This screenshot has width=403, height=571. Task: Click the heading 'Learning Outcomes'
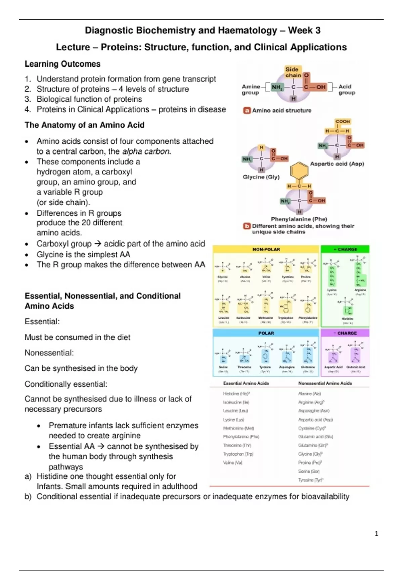(62, 64)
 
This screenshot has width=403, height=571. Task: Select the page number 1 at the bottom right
(376, 533)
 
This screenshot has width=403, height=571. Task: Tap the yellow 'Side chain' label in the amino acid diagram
(293, 72)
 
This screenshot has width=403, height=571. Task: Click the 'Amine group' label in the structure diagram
(251, 89)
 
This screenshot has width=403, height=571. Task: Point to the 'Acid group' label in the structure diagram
(347, 89)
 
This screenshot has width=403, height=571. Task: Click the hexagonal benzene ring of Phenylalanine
(299, 171)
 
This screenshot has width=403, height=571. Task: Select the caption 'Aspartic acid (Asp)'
(337, 164)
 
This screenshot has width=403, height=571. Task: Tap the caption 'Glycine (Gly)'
(261, 177)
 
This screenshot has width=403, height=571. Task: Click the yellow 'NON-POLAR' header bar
(266, 249)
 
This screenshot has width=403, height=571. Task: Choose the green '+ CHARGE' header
(345, 249)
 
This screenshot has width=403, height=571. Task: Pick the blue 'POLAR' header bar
(266, 333)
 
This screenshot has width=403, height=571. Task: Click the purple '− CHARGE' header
(345, 333)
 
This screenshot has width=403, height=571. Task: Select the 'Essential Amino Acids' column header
(246, 383)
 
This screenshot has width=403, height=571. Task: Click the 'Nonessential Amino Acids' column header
(325, 383)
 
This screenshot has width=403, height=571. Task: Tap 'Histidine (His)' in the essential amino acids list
(236, 394)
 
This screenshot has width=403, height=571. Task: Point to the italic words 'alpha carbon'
(146, 151)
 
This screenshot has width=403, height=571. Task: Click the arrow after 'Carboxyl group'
(98, 244)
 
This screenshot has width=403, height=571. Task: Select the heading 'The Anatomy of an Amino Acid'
(84, 125)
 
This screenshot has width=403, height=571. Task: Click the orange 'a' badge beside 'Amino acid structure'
(247, 110)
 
